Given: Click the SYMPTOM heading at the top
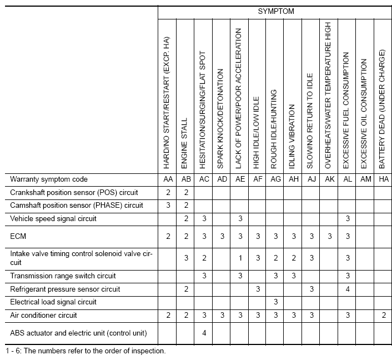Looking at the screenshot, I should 276,11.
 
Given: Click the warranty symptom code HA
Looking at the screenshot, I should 383,179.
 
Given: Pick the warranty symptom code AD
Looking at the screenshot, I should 221,179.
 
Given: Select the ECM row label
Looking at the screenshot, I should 18,236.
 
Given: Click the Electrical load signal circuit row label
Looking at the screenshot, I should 53,302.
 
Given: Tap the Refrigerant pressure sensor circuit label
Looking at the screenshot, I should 65,289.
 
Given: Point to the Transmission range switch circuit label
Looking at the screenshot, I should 63,276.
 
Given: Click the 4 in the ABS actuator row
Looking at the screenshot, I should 204,333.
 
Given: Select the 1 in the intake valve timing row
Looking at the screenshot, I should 240,258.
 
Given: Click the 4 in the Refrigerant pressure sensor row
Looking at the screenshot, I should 347,289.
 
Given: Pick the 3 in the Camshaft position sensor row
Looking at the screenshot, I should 167,206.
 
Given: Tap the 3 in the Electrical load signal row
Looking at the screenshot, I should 275,302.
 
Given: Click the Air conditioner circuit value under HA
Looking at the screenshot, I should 383,316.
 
